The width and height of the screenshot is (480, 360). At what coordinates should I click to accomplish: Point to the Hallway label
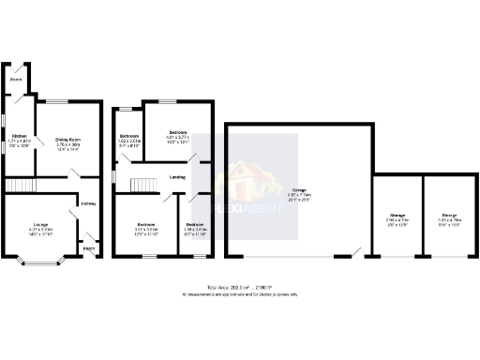click(88, 203)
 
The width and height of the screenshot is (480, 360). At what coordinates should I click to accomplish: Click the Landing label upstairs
click(176, 177)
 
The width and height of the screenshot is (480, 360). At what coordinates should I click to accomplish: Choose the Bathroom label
click(128, 137)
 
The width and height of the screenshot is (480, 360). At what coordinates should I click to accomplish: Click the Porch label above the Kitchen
click(15, 80)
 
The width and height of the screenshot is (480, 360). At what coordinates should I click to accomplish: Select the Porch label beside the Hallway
click(89, 248)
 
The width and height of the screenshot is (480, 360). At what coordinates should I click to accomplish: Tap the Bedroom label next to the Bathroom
click(178, 131)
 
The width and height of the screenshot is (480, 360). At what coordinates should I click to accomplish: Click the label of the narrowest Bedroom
click(194, 225)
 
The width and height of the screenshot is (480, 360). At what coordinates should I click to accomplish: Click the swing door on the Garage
click(356, 252)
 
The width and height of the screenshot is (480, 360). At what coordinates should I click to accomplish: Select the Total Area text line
click(239, 286)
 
